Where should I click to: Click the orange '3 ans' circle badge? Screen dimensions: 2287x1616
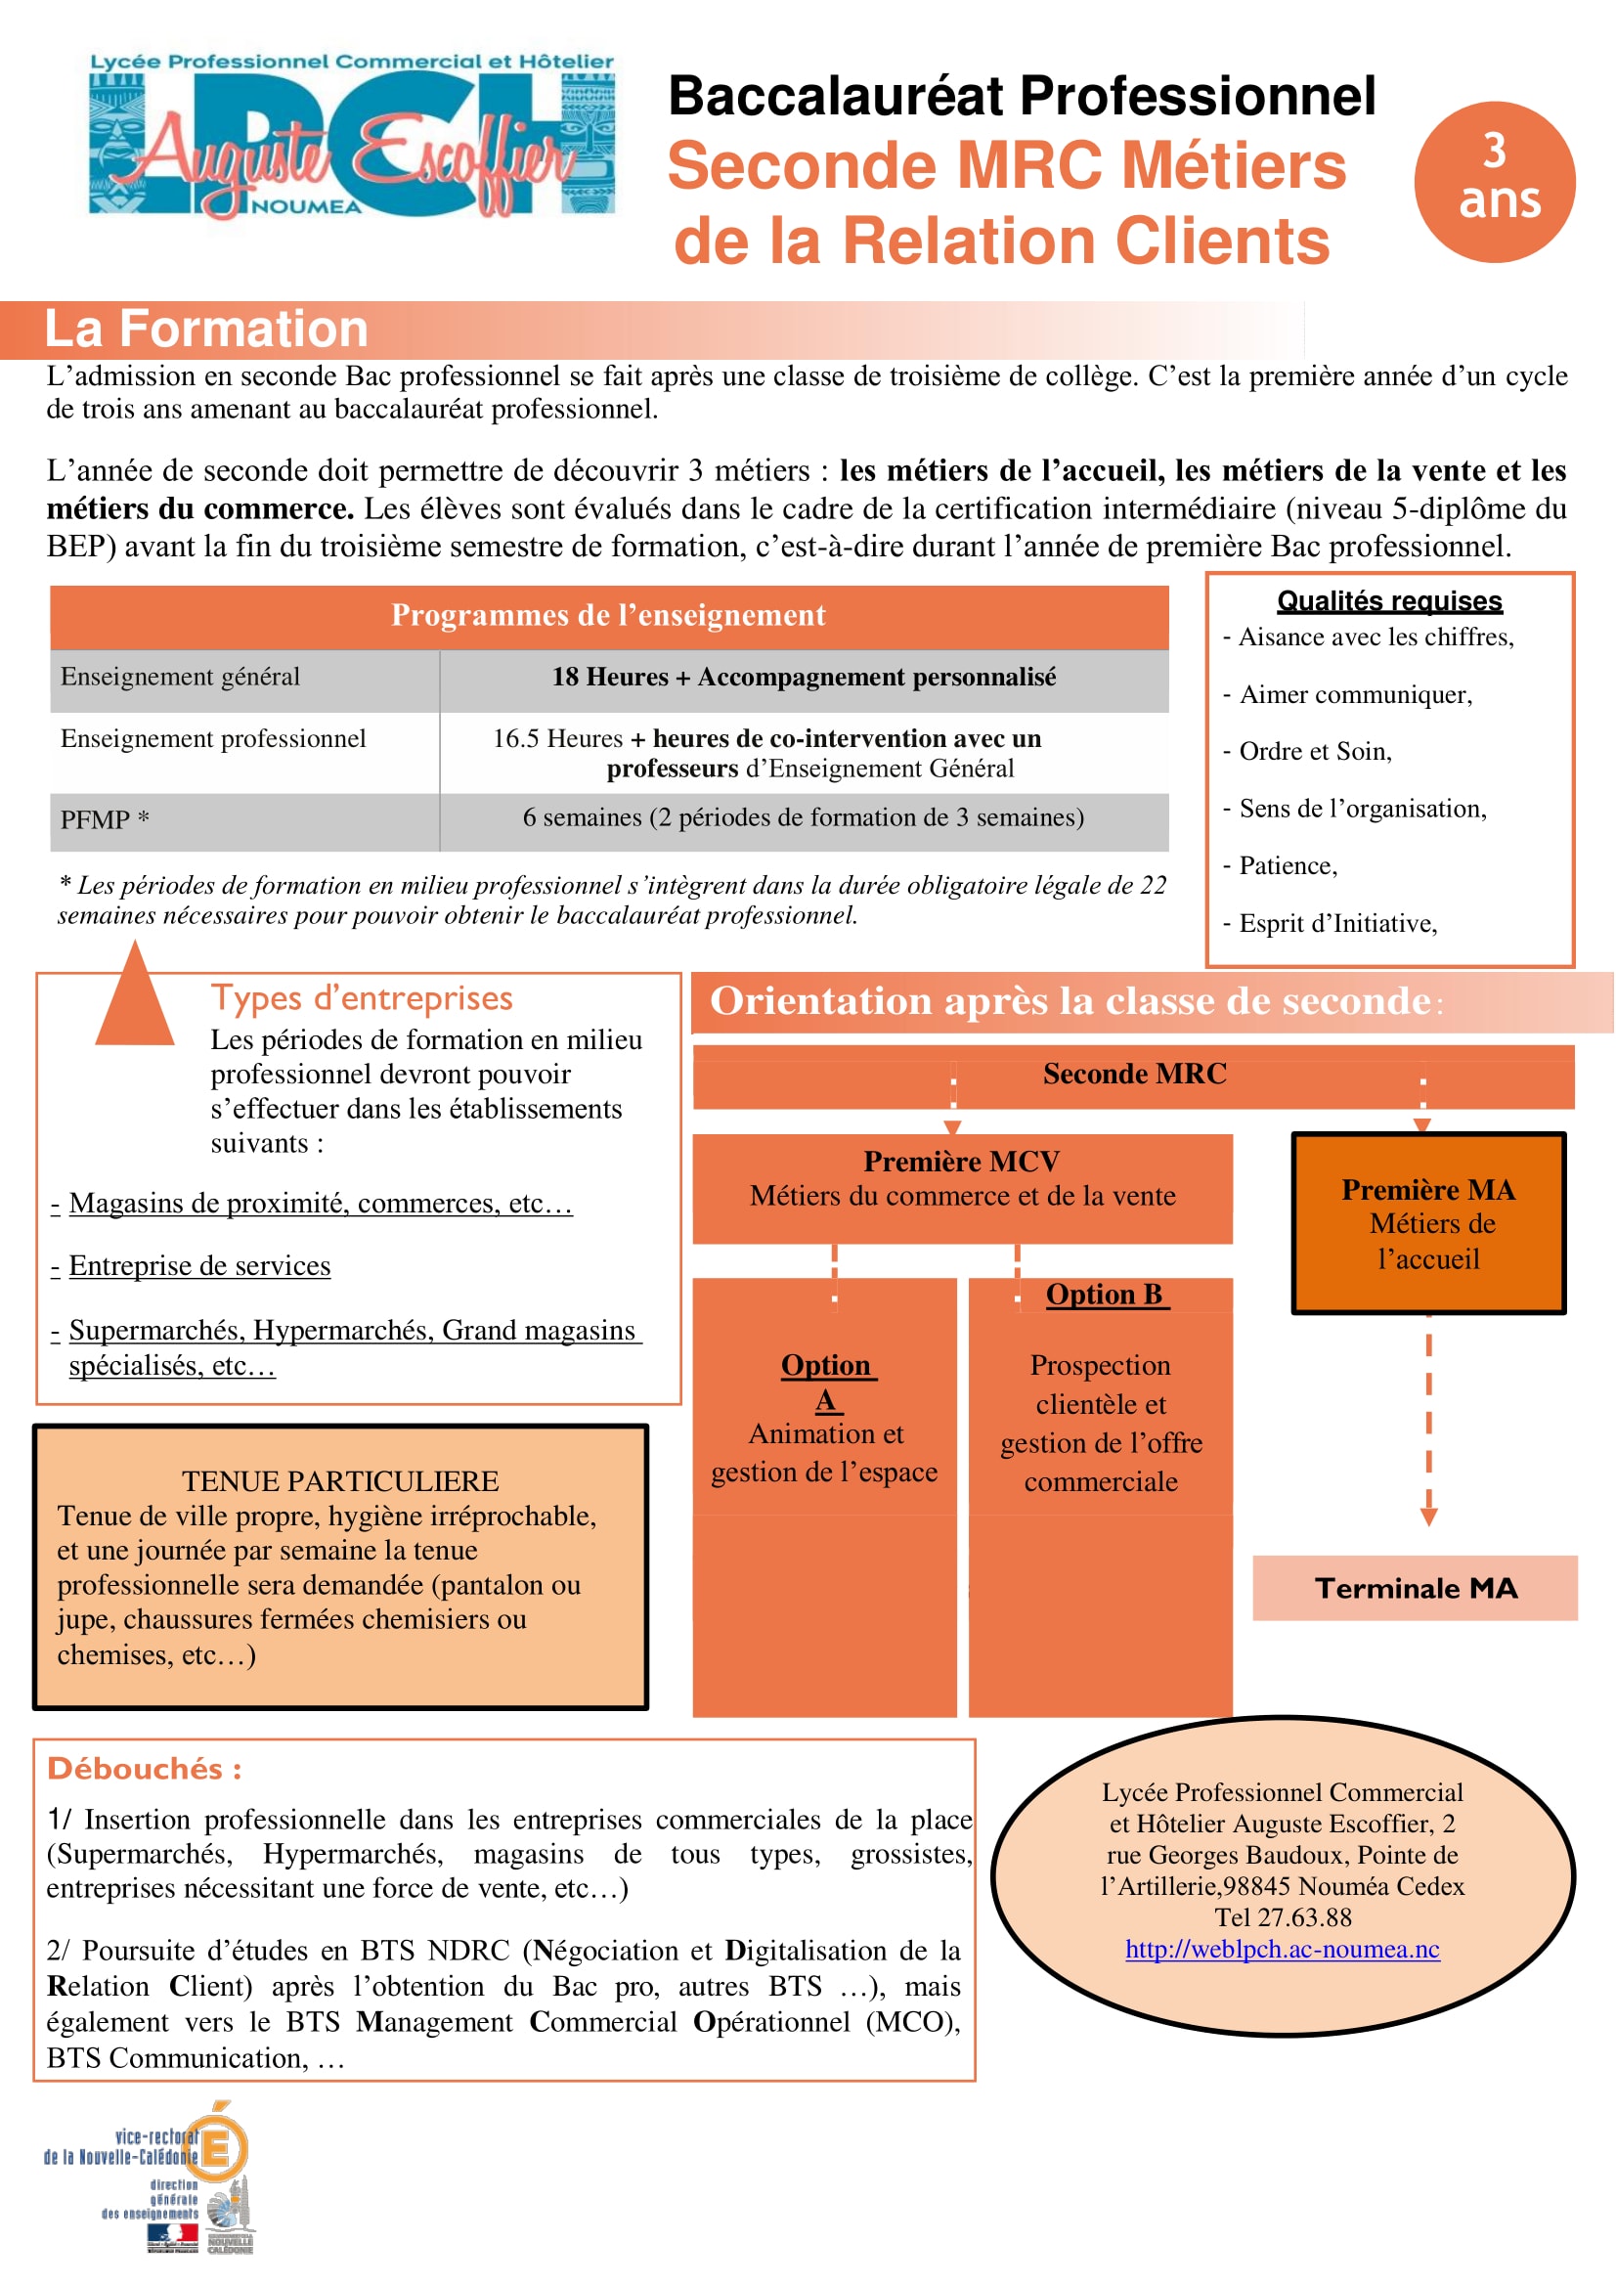pyautogui.click(x=1494, y=182)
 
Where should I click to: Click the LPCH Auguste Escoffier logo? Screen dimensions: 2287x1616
pyautogui.click(x=352, y=135)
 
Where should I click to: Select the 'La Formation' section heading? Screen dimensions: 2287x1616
pyautogui.click(x=206, y=329)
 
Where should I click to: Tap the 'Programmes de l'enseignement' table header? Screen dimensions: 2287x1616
pyautogui.click(x=608, y=616)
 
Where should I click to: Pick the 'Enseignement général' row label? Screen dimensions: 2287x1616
pyautogui.click(x=180, y=678)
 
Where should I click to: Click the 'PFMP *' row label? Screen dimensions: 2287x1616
pyautogui.click(x=105, y=819)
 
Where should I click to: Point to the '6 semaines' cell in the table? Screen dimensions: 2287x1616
pyautogui.click(x=803, y=817)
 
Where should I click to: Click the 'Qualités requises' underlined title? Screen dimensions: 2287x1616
pyautogui.click(x=1389, y=600)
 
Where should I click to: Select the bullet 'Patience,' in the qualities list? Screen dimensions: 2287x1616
pyautogui.click(x=1288, y=865)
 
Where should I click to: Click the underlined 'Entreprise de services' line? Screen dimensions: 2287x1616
pyautogui.click(x=199, y=1266)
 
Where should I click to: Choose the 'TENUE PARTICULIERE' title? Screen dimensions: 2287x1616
pyautogui.click(x=339, y=1481)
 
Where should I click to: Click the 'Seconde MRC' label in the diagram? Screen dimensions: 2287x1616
pyautogui.click(x=1134, y=1074)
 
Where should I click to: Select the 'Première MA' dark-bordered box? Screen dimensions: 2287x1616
pyautogui.click(x=1428, y=1222)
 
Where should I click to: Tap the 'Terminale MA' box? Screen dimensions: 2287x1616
pyautogui.click(x=1415, y=1588)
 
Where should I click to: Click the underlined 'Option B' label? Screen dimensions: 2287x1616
pyautogui.click(x=1104, y=1294)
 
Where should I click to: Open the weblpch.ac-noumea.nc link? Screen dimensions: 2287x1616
pyautogui.click(x=1282, y=1949)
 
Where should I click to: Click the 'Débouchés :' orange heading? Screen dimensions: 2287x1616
pyautogui.click(x=145, y=1768)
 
